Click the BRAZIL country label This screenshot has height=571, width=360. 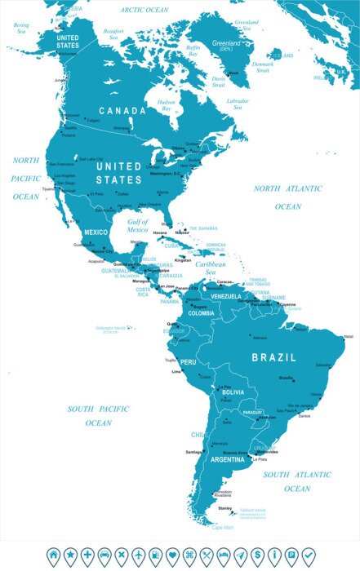(274, 357)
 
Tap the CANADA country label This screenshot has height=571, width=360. (123, 110)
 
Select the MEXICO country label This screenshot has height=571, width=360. (96, 232)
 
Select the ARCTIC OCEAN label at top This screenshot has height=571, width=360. (144, 10)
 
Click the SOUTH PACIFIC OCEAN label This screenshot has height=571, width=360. (98, 415)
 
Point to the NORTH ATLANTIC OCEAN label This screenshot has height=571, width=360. (287, 197)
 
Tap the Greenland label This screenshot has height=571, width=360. (226, 42)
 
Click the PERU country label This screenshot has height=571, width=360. (189, 361)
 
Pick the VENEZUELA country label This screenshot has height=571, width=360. (226, 296)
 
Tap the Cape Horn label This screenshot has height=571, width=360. (223, 527)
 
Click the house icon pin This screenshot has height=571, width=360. (53, 556)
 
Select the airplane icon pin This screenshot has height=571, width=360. (138, 556)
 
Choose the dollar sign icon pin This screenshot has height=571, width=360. (257, 556)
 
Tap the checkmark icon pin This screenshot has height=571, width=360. (308, 556)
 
